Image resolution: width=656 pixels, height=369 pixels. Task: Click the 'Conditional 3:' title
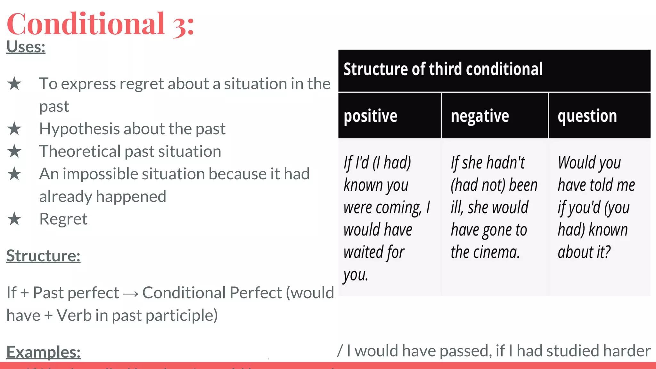coord(100,24)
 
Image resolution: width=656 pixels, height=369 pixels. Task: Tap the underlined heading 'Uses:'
coord(26,47)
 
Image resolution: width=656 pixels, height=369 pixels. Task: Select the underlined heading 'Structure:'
coord(43,256)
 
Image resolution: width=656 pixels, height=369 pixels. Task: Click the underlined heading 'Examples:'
coord(43,352)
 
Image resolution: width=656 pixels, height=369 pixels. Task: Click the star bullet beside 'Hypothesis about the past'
coord(14,129)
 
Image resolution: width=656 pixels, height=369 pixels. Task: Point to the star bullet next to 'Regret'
coord(14,219)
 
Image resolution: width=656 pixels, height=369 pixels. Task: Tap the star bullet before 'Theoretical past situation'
coord(14,152)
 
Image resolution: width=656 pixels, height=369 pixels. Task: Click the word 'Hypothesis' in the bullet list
coord(79,129)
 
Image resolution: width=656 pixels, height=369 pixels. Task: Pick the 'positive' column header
coord(371,116)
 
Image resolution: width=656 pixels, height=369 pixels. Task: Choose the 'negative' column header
coord(480,116)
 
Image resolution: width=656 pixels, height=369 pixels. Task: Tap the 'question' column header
coord(587,116)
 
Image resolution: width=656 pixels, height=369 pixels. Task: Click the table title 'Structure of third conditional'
coord(443,69)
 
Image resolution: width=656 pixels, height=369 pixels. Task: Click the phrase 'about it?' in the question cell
coord(584,252)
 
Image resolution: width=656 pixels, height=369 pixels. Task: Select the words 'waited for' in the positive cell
coord(374,252)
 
